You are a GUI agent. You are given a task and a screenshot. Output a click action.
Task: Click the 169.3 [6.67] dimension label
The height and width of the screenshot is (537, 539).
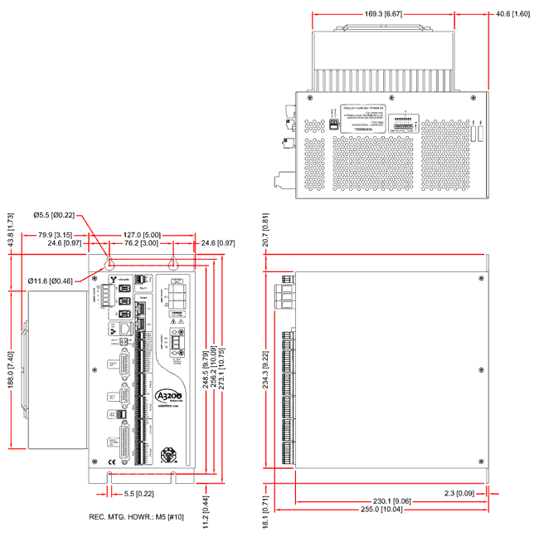383,14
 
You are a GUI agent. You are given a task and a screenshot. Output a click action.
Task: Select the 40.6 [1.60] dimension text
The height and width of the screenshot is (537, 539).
513,14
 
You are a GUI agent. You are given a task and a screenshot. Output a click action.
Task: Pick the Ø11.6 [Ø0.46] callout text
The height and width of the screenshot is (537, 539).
51,282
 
